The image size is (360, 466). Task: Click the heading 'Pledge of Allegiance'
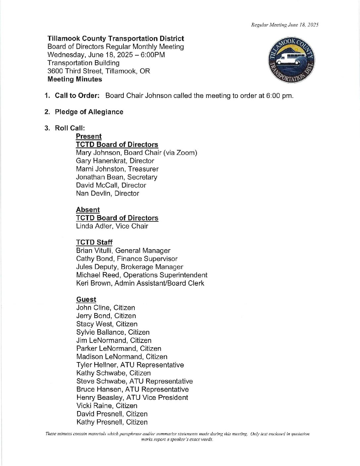(x=89, y=112)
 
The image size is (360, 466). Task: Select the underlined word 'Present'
(x=89, y=136)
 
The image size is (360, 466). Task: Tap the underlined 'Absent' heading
(x=88, y=210)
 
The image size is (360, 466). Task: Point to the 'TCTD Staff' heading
(x=94, y=242)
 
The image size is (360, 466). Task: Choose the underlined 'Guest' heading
(x=86, y=300)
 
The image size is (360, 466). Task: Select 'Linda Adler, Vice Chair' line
(x=112, y=226)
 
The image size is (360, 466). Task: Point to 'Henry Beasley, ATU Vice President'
(x=132, y=397)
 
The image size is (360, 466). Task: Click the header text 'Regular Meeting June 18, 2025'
(x=285, y=25)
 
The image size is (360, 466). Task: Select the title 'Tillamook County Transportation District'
(x=116, y=39)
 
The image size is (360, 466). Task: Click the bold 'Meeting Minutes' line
(x=75, y=79)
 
